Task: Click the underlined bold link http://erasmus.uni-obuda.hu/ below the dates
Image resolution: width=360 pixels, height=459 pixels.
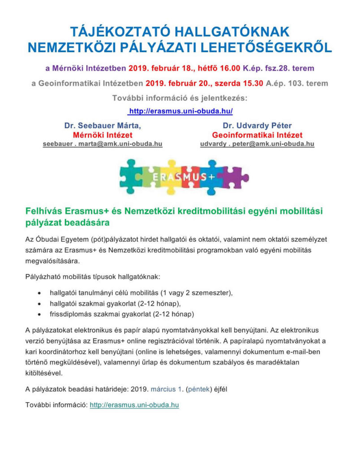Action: point(180,110)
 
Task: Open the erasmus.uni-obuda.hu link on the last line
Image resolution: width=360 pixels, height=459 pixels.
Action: point(134,405)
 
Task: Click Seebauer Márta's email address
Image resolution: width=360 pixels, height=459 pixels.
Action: point(103,144)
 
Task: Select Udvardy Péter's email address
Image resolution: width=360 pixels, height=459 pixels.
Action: point(257,144)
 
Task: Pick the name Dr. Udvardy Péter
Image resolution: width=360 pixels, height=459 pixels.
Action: point(257,126)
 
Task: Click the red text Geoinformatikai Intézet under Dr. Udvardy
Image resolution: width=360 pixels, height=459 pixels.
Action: point(257,135)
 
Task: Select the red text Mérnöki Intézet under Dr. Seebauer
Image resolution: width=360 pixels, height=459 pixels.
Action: point(103,135)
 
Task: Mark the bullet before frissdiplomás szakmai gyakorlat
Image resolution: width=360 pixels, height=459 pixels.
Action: point(40,314)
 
